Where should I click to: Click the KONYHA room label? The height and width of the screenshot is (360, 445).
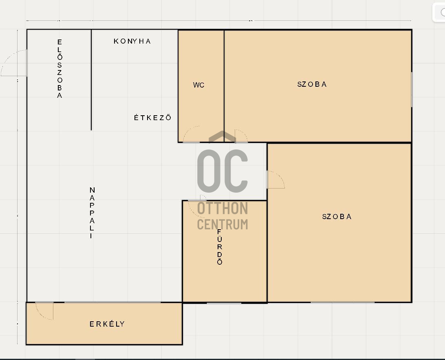click(x=132, y=41)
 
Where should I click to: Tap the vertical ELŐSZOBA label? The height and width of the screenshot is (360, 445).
click(x=59, y=69)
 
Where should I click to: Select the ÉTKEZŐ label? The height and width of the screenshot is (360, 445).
click(x=153, y=117)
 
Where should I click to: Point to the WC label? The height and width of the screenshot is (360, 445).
click(x=199, y=85)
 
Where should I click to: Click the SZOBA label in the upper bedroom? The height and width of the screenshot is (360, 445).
click(x=312, y=84)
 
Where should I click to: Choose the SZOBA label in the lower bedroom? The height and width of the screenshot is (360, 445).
click(x=337, y=217)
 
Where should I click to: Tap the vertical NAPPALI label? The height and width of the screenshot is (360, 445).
click(x=92, y=213)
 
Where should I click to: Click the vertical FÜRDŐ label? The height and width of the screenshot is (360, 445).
click(x=219, y=247)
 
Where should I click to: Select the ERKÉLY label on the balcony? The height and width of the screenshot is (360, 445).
click(x=107, y=324)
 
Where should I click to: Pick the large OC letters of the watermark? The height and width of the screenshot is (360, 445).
click(x=222, y=171)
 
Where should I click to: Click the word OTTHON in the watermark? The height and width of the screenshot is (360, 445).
click(x=222, y=208)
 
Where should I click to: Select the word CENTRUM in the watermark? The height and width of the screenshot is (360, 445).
click(x=222, y=224)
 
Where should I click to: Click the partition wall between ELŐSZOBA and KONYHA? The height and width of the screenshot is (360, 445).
click(x=91, y=80)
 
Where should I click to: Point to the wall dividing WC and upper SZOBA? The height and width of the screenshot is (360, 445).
click(x=224, y=86)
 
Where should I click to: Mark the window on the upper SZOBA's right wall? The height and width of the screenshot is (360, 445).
click(x=412, y=90)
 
